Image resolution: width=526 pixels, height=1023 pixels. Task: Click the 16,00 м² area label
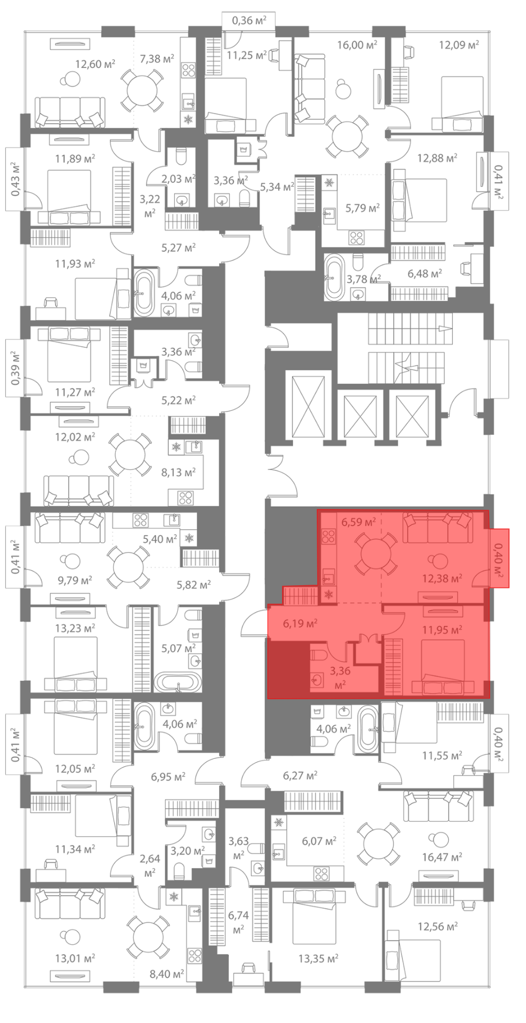pyautogui.click(x=357, y=45)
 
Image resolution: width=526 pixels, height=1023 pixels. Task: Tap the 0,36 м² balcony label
pyautogui.click(x=249, y=21)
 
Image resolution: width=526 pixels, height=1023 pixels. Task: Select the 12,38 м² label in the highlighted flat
pyautogui.click(x=442, y=579)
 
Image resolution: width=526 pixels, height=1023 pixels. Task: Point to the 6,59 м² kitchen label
pyautogui.click(x=358, y=522)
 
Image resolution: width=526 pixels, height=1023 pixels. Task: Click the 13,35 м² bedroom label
pyautogui.click(x=318, y=959)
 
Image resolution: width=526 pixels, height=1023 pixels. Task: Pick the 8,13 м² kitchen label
pyautogui.click(x=178, y=473)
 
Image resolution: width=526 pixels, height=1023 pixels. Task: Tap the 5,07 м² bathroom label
pyautogui.click(x=178, y=648)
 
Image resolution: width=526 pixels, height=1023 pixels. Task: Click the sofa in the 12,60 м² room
pyautogui.click(x=69, y=112)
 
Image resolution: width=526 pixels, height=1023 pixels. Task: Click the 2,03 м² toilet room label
pyautogui.click(x=178, y=179)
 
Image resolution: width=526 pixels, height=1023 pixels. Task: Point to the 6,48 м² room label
pyautogui.click(x=424, y=274)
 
